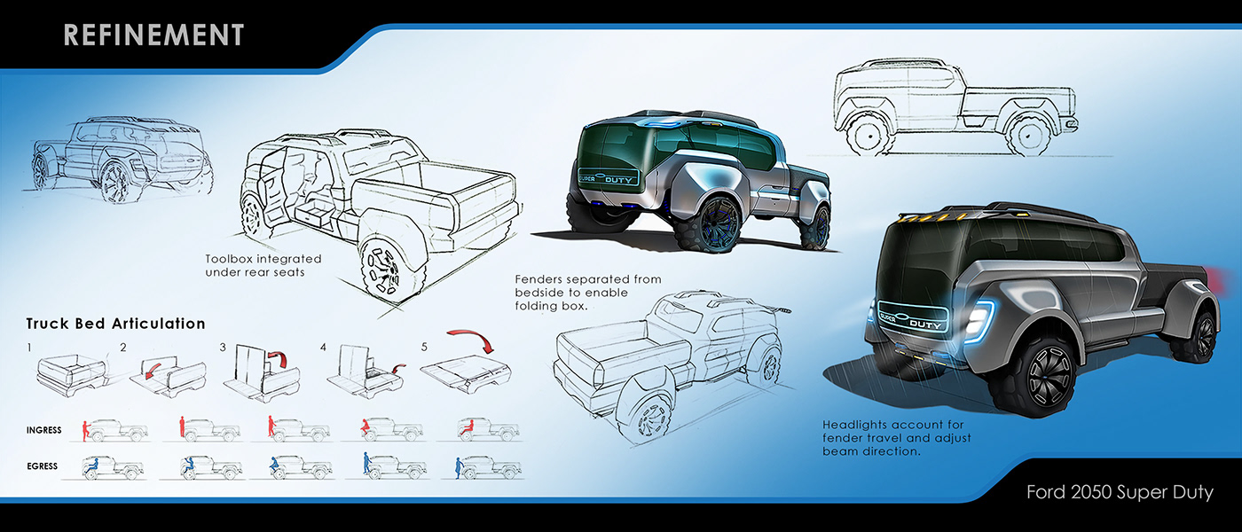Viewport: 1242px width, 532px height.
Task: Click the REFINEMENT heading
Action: [153, 35]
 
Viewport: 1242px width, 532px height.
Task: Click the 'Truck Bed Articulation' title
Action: [115, 324]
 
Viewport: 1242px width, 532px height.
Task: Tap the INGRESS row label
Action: [43, 430]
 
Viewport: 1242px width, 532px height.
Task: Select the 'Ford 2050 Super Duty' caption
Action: [1120, 491]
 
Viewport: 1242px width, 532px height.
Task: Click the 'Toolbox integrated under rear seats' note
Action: [263, 265]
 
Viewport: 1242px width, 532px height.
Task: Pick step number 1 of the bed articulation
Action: [29, 347]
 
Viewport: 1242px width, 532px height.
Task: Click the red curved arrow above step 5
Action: [472, 341]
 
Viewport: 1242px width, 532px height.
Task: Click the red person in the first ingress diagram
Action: [85, 429]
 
